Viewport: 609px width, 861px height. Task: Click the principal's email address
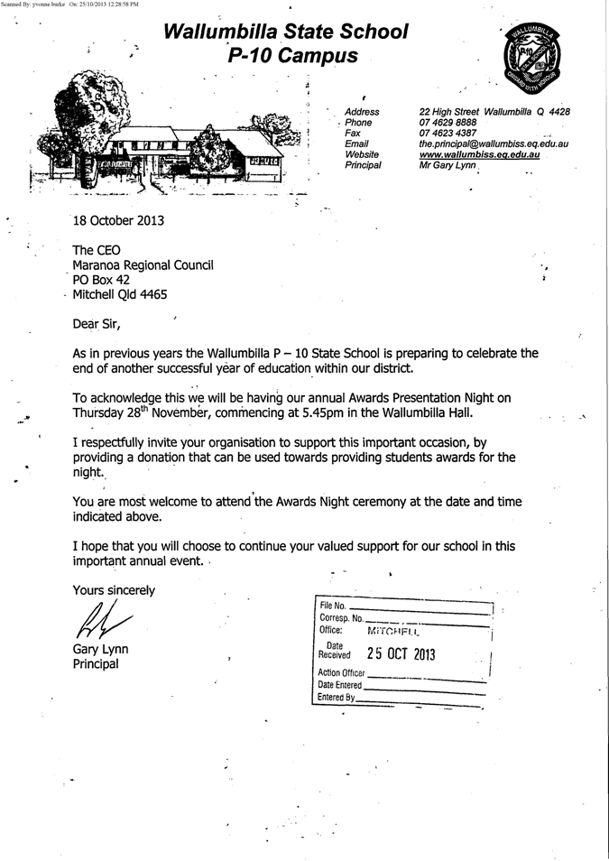tap(493, 144)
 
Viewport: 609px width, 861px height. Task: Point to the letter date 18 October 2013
tap(119, 219)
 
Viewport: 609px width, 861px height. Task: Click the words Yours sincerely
tap(114, 590)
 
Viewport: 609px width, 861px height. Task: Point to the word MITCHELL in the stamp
tap(393, 631)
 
